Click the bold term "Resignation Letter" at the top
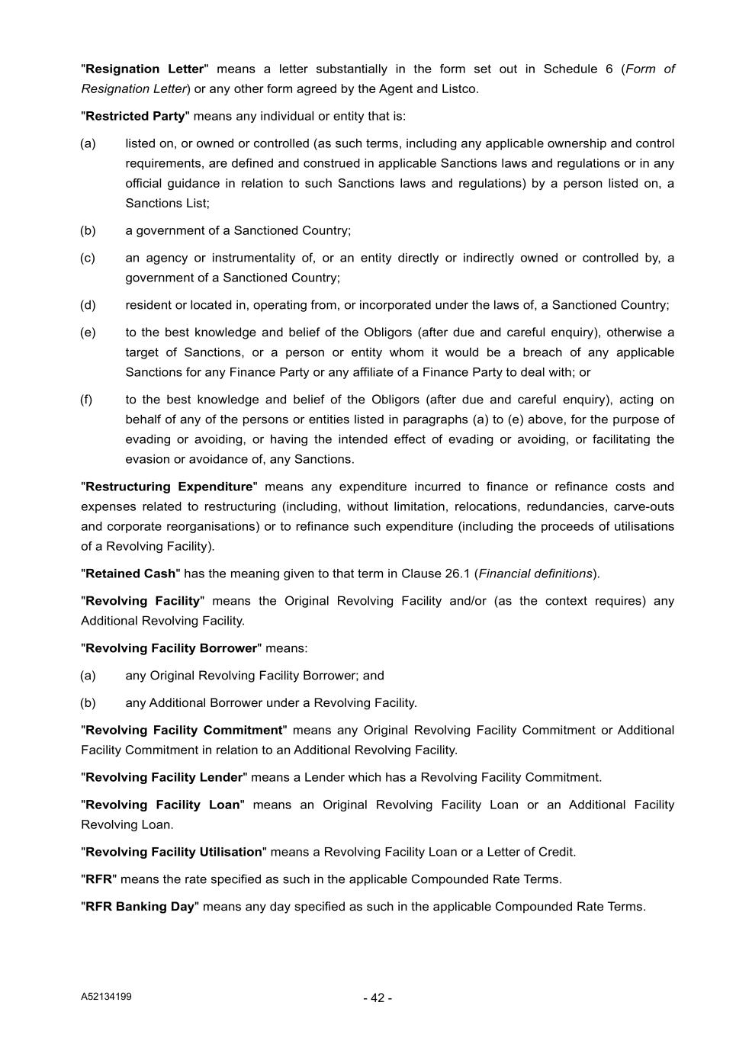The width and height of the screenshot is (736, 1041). click(145, 69)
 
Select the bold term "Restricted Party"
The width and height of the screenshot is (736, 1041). click(135, 116)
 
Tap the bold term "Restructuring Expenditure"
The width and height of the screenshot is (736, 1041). click(169, 487)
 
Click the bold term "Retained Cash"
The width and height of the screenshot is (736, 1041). click(130, 574)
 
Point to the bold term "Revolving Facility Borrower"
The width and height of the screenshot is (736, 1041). click(171, 648)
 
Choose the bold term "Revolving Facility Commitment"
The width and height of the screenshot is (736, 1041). click(184, 730)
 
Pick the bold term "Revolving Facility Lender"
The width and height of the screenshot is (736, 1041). click(164, 777)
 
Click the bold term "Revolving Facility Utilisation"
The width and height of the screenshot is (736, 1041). click(174, 852)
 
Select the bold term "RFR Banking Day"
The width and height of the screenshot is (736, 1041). click(140, 907)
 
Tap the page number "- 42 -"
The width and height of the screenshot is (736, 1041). click(378, 998)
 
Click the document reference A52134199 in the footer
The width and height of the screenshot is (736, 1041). click(106, 997)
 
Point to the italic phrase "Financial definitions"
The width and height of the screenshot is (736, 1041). click(535, 574)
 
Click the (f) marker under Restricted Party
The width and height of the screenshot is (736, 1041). click(86, 400)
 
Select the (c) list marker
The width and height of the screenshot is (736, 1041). click(88, 258)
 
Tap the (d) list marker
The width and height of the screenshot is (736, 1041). click(88, 305)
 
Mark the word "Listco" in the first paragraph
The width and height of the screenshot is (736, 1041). click(458, 88)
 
